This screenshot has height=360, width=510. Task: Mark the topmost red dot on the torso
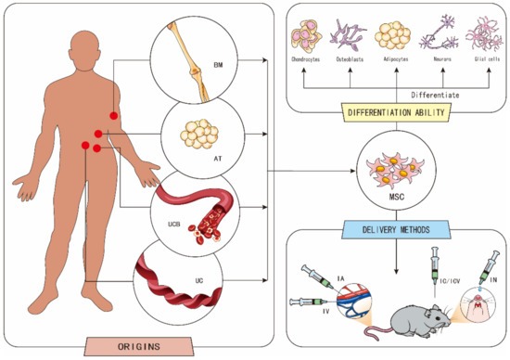tap(114, 115)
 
